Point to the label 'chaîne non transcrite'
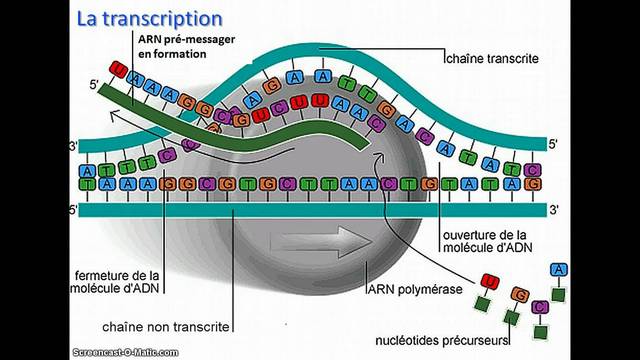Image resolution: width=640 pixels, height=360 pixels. [166, 326]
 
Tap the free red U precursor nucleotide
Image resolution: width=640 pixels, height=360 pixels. [489, 280]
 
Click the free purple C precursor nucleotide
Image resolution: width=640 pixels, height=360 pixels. [540, 306]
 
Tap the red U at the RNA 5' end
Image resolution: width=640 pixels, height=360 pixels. [118, 69]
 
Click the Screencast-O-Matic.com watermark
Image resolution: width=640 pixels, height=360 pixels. [106, 350]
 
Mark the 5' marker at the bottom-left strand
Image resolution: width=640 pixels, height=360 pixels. [72, 211]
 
